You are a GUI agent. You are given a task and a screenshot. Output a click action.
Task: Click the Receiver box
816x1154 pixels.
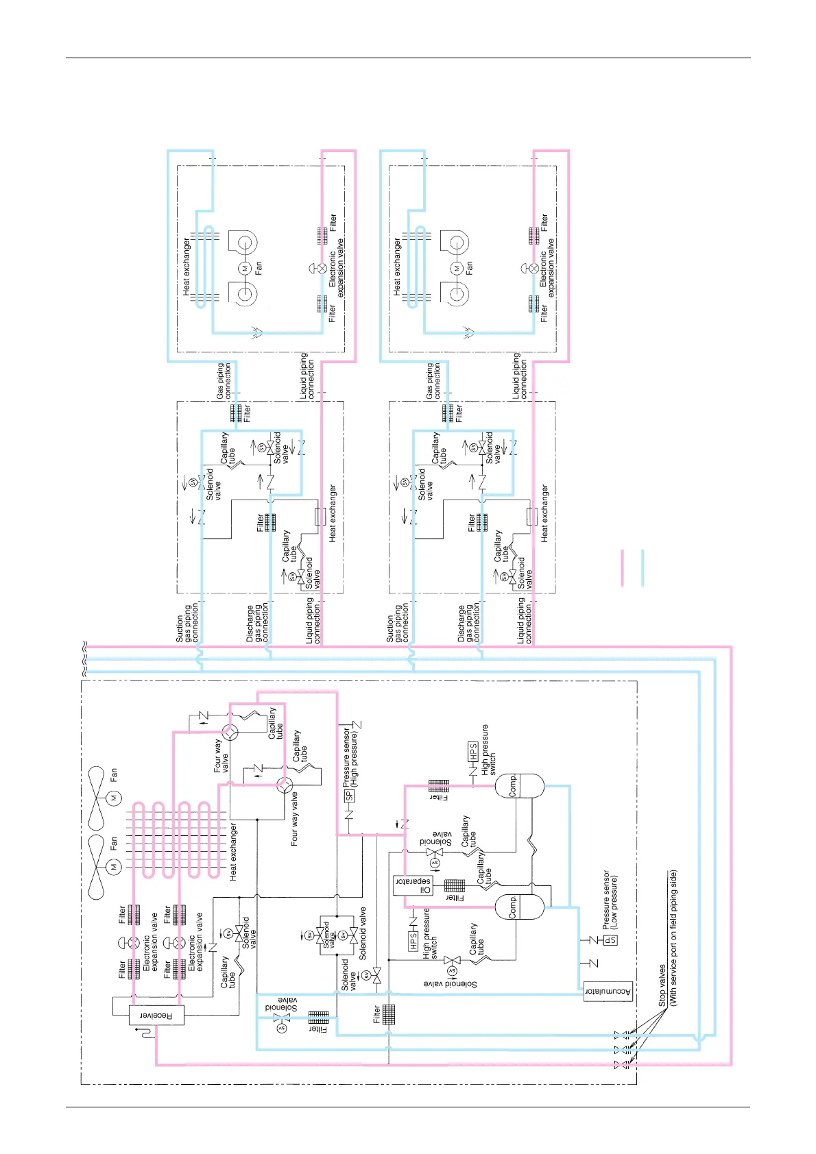pyautogui.click(x=156, y=1015)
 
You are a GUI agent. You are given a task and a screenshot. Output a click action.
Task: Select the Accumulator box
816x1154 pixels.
pyautogui.click(x=608, y=992)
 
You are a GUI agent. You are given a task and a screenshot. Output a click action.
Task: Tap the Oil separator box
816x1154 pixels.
pyautogui.click(x=412, y=885)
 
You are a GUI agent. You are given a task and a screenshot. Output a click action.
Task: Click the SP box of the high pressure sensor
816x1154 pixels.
pyautogui.click(x=349, y=796)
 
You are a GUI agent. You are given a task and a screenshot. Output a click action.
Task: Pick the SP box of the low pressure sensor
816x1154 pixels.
pyautogui.click(x=610, y=940)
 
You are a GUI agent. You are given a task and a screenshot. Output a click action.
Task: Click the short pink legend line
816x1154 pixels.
pyautogui.click(x=623, y=567)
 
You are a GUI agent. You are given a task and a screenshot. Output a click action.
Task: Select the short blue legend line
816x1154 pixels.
pyautogui.click(x=643, y=567)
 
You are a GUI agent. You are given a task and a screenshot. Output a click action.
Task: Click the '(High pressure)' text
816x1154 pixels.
pyautogui.click(x=355, y=759)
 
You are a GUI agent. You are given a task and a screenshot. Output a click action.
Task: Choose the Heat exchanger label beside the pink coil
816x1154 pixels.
pyautogui.click(x=233, y=851)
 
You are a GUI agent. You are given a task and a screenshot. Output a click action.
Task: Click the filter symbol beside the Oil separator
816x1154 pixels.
pyautogui.click(x=455, y=886)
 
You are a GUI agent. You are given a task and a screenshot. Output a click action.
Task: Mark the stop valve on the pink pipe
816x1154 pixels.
pyautogui.click(x=621, y=1065)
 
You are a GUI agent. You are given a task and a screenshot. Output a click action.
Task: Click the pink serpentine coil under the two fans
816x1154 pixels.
pyautogui.click(x=175, y=839)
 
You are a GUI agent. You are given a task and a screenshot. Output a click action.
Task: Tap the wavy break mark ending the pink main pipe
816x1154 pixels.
pyautogui.click(x=85, y=646)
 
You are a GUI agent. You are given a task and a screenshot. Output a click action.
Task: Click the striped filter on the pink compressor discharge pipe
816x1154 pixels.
pyautogui.click(x=439, y=785)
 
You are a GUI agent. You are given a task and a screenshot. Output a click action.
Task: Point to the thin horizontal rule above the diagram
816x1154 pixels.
pyautogui.click(x=408, y=58)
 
